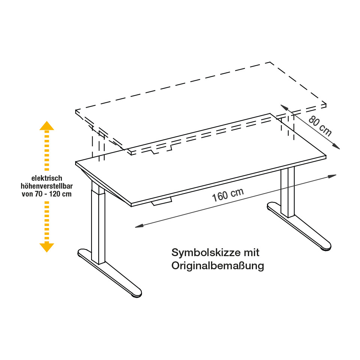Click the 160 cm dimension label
click(x=228, y=195)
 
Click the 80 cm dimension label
click(x=320, y=126)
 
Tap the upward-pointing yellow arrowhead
click(x=47, y=126)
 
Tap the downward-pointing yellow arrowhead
click(x=47, y=247)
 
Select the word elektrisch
click(x=47, y=178)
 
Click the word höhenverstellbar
click(x=47, y=186)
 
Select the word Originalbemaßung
click(x=218, y=265)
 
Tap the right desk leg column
click(x=288, y=191)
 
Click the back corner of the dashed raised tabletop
click(x=270, y=62)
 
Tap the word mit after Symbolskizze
click(x=252, y=252)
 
